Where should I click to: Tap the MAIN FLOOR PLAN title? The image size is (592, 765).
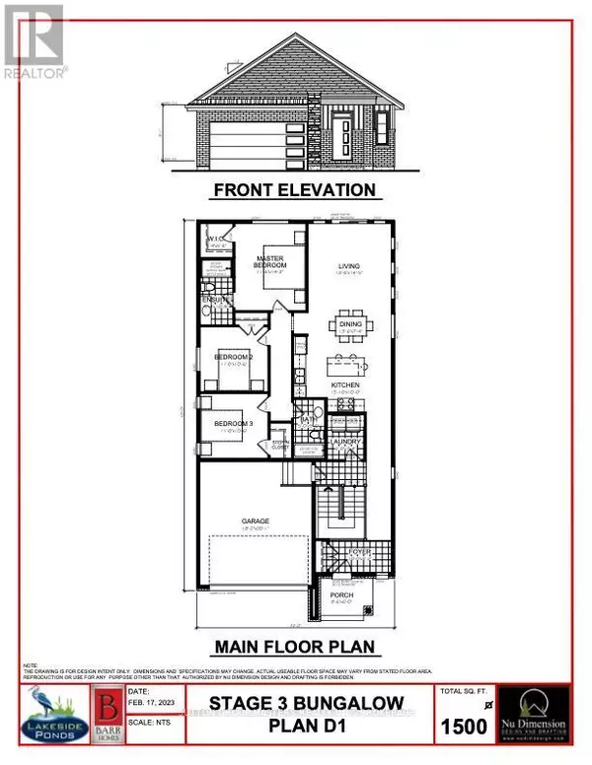[x=295, y=648]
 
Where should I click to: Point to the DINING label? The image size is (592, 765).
[x=350, y=322]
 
